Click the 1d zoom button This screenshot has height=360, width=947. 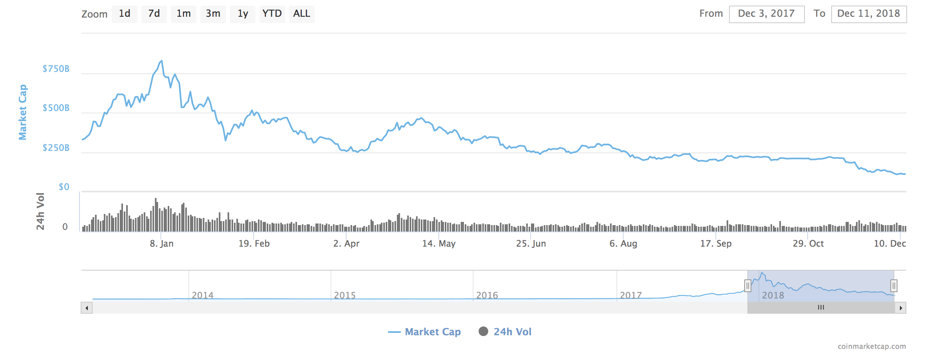[x=125, y=14]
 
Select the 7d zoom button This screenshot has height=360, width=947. [x=154, y=14]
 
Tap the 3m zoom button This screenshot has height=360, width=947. [x=213, y=14]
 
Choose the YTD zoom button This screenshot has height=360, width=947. [x=272, y=14]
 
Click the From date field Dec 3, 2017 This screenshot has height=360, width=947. [x=767, y=14]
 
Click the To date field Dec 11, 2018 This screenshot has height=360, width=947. [x=869, y=14]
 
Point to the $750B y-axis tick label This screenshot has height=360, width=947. [x=56, y=69]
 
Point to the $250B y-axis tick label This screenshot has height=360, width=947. [x=56, y=148]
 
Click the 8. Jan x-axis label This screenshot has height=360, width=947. [x=162, y=243]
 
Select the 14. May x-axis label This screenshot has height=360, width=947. [x=439, y=243]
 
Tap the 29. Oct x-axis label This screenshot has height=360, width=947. [x=808, y=243]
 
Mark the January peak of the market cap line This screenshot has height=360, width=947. [x=161, y=61]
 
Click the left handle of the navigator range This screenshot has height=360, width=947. [x=748, y=286]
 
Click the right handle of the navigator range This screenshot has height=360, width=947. [x=894, y=286]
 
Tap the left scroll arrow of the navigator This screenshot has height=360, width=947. [x=87, y=308]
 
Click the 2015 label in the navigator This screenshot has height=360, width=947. [x=345, y=295]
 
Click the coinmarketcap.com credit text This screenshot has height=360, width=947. [x=872, y=346]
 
